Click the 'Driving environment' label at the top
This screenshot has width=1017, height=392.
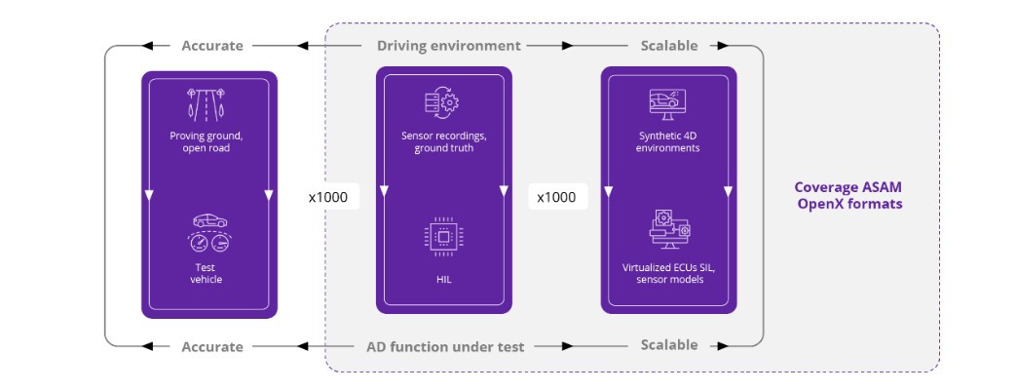click(x=448, y=46)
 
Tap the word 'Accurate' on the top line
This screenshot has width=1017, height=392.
click(x=212, y=46)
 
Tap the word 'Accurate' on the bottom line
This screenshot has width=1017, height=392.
click(x=212, y=346)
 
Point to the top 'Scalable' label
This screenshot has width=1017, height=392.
click(x=668, y=46)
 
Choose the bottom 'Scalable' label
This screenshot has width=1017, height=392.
click(x=668, y=345)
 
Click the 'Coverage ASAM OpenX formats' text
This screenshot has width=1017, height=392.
click(x=847, y=196)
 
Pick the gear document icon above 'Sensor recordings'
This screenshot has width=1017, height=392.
click(x=442, y=103)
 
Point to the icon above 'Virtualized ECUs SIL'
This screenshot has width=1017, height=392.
click(x=668, y=229)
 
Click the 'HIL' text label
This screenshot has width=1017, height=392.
click(x=443, y=279)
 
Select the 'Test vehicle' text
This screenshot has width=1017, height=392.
click(x=206, y=272)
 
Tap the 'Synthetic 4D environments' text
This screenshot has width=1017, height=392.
click(x=668, y=142)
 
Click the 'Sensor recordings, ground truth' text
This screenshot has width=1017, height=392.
click(x=443, y=141)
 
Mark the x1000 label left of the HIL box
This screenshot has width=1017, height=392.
click(x=328, y=197)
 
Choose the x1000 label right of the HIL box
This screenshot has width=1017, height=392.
click(x=556, y=197)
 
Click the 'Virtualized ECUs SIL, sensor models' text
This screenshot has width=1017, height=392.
click(x=668, y=272)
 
